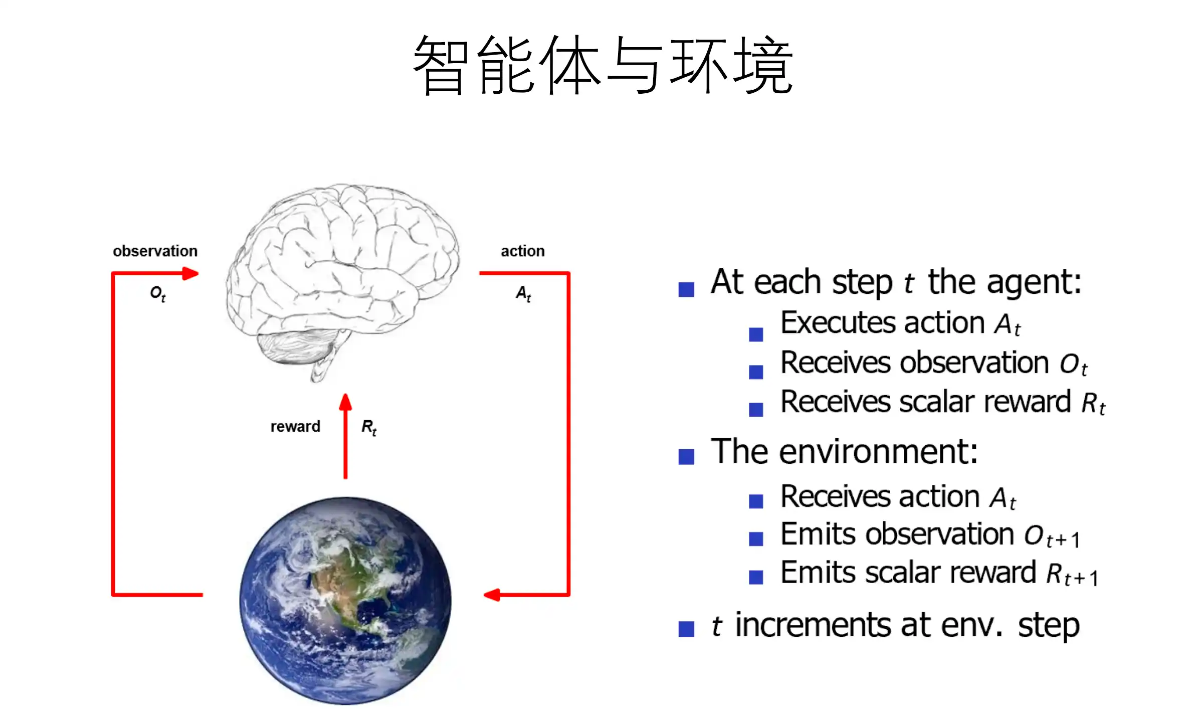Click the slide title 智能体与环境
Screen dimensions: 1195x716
click(x=603, y=65)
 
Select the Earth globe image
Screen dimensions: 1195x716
click(x=345, y=600)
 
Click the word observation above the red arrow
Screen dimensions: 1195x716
click(x=155, y=251)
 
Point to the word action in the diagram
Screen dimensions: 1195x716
click(x=522, y=251)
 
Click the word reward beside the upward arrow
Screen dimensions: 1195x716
click(x=295, y=426)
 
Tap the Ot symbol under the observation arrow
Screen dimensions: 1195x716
click(x=157, y=293)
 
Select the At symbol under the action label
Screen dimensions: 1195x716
click(x=523, y=293)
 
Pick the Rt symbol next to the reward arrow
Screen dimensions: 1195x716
click(x=369, y=428)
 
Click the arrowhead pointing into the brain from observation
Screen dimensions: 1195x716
click(x=190, y=273)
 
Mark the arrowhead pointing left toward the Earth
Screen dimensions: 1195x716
click(x=492, y=595)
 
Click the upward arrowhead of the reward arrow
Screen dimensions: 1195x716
click(x=345, y=402)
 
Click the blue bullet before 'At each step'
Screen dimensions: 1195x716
click(x=686, y=289)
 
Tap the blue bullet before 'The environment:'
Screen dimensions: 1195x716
click(x=686, y=457)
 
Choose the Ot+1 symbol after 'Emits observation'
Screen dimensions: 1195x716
click(x=1052, y=536)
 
